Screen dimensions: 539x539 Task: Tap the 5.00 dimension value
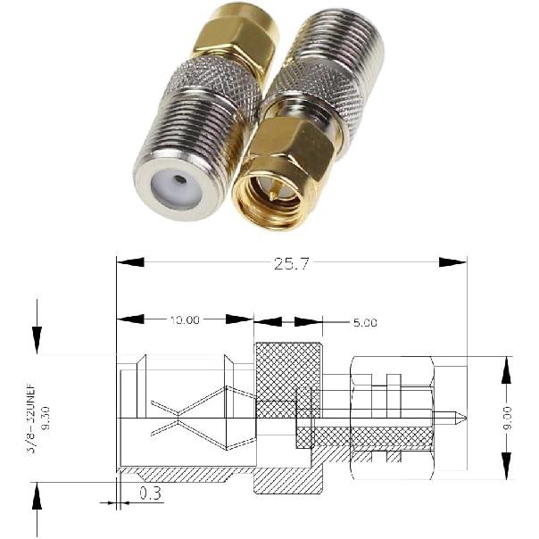coord(364,321)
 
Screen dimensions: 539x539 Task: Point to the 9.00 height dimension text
coord(507,413)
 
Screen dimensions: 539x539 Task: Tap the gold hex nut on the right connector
coord(292,147)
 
